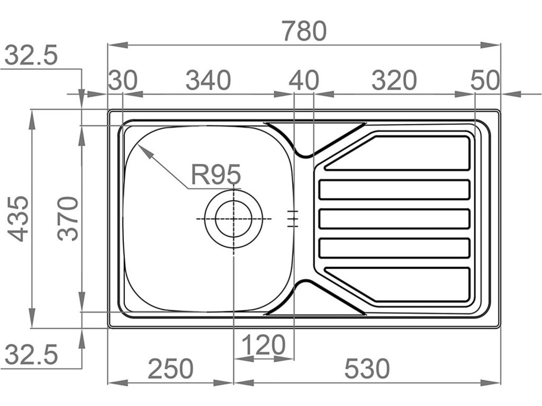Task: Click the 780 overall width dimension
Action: [304, 32]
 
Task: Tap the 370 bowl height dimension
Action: [68, 218]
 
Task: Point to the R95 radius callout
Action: [216, 174]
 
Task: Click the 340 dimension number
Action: [209, 81]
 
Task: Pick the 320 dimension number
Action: [394, 81]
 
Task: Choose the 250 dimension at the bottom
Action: [170, 369]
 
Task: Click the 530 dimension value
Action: [367, 369]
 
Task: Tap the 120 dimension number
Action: [264, 346]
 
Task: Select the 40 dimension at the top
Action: [304, 81]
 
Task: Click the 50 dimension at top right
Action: [485, 81]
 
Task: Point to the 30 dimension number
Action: [123, 81]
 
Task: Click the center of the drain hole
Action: [233, 219]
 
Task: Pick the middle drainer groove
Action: [395, 219]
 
